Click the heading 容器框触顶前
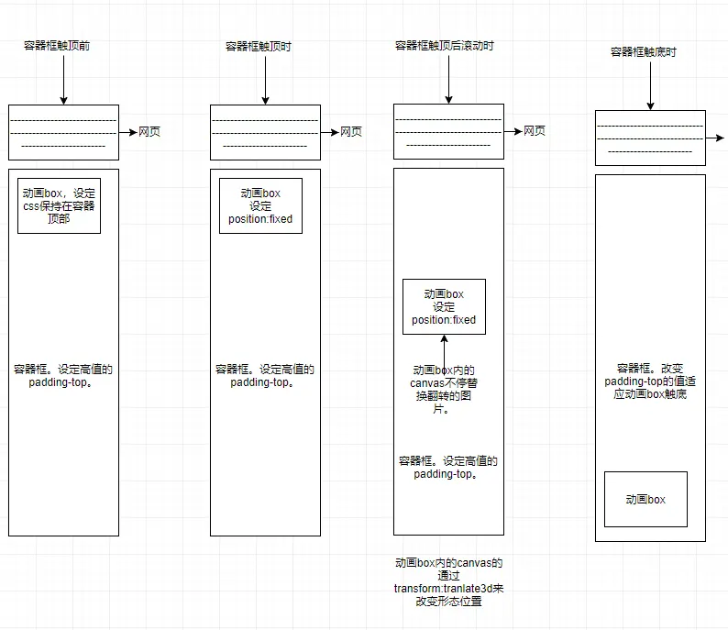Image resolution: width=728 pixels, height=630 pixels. pos(57,46)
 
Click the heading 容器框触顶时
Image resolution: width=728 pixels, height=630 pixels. pos(258,46)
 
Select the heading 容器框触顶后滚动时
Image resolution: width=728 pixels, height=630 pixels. pos(444,45)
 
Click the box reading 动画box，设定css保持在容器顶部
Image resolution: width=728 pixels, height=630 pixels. pos(59,206)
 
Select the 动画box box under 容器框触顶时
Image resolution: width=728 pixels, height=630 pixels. pos(260,206)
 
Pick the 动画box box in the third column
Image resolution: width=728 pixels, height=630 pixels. pos(444,307)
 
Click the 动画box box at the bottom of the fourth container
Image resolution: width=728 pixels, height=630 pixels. pos(645,500)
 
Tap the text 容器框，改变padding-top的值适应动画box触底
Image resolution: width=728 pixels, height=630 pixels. pos(650,381)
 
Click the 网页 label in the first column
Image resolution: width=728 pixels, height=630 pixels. pos(149,131)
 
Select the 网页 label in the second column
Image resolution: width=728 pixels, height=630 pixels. pos(351,131)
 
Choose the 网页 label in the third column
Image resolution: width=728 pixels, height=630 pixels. pos(535,131)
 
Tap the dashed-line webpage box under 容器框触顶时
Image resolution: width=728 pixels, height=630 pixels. pos(265,132)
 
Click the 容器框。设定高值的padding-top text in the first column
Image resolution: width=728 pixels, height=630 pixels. pos(63,376)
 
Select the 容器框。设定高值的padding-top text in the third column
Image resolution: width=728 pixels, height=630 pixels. pos(447,468)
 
